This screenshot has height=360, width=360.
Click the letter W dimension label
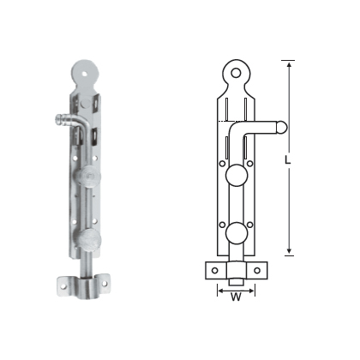pos(234,298)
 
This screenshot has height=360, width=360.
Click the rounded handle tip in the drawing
pos(279,129)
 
